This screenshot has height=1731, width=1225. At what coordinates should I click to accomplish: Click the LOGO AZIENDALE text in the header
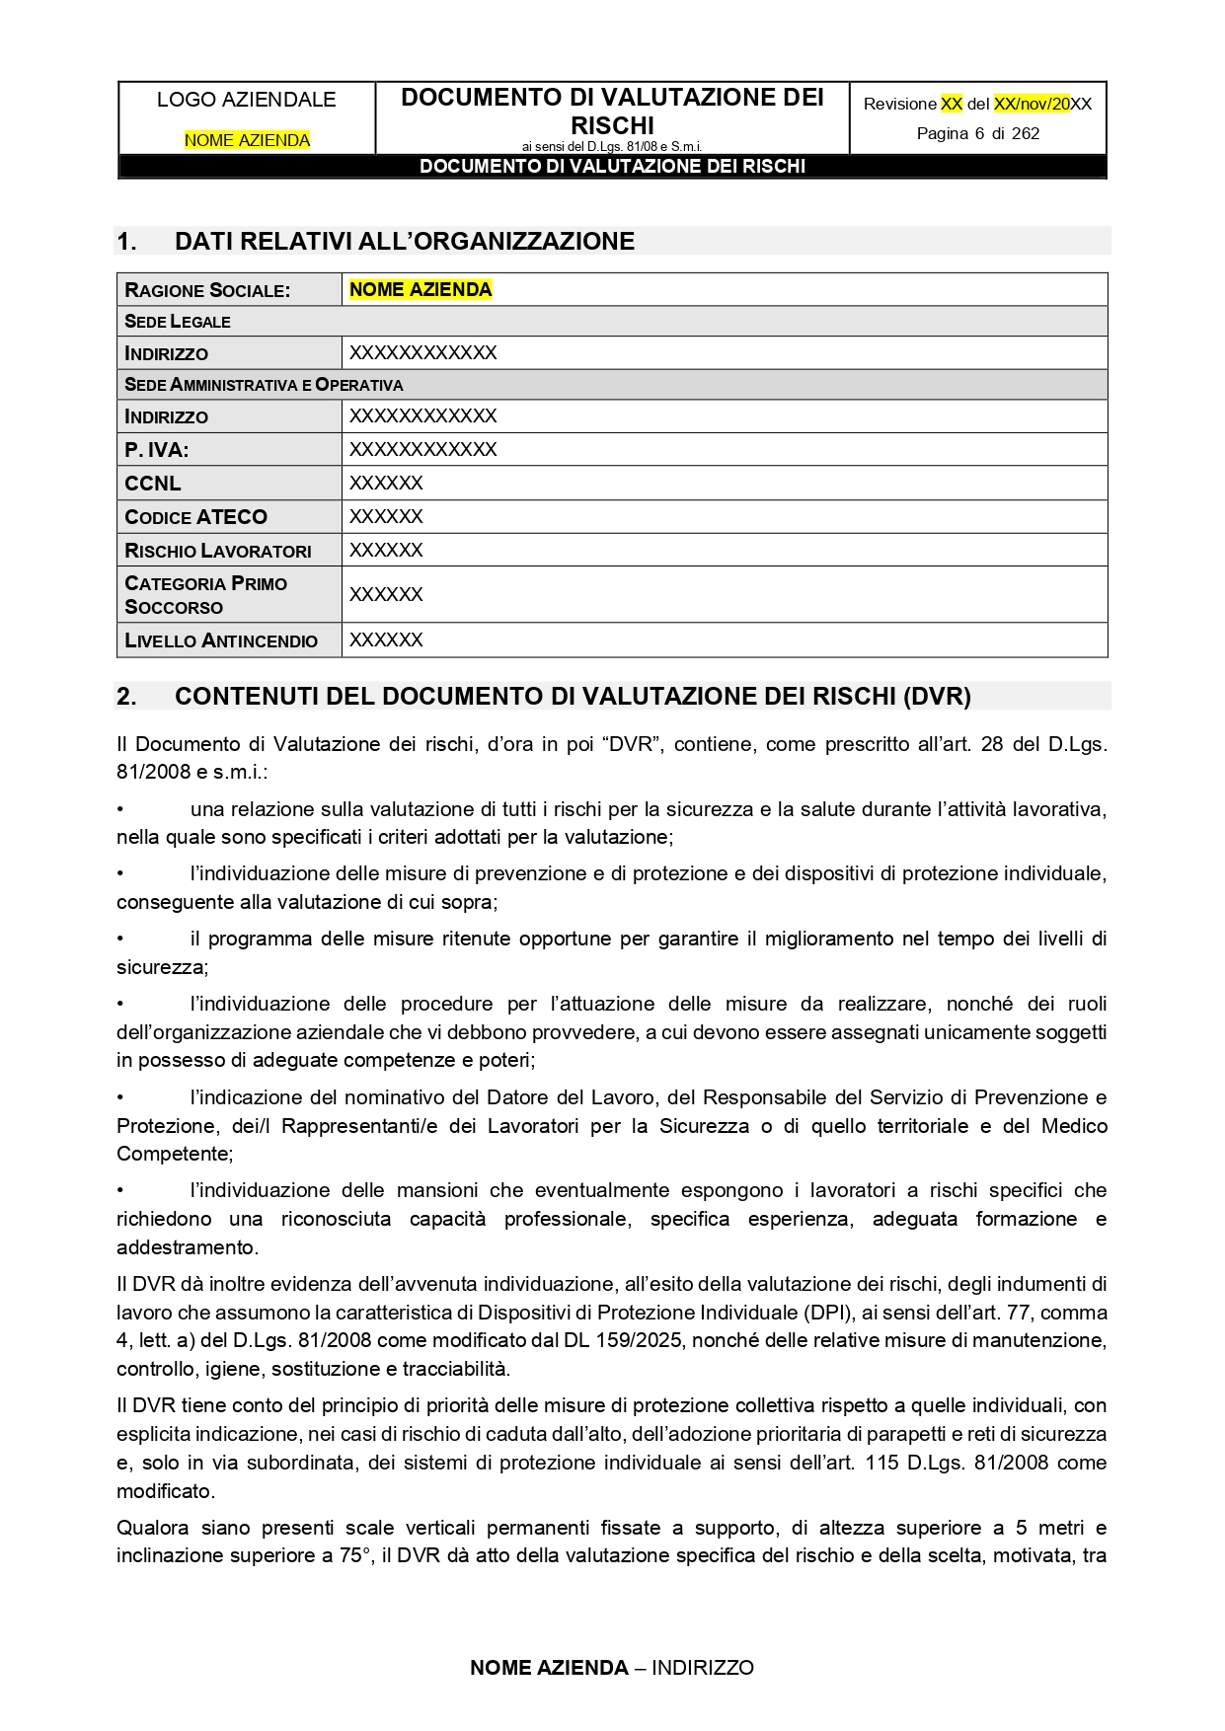(x=246, y=100)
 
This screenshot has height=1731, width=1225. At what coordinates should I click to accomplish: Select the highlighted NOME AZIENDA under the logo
(x=247, y=140)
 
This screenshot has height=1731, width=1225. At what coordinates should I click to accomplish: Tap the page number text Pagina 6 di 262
(x=977, y=133)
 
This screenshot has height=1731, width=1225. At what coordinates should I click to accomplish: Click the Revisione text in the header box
(x=899, y=104)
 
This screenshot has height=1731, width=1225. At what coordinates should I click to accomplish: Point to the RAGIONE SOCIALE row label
(x=207, y=290)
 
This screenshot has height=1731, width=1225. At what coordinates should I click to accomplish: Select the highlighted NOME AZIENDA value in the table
(x=421, y=289)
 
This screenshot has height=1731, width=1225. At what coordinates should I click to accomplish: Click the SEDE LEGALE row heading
(x=178, y=322)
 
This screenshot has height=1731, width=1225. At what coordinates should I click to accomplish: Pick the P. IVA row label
(x=156, y=450)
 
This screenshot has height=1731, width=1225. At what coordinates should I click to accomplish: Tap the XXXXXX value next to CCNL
(x=386, y=484)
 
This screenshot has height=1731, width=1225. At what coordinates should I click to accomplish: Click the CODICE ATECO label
(x=195, y=517)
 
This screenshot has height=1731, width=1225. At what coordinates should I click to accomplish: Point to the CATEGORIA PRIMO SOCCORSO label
(x=205, y=595)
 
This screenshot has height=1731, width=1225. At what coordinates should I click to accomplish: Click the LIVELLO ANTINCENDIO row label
(x=221, y=640)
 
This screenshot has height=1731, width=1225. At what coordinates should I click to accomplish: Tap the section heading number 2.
(x=126, y=697)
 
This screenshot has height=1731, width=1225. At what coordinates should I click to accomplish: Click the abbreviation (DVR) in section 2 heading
(x=937, y=697)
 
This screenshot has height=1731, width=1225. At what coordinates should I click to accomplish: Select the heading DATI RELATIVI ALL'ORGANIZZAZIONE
(x=405, y=242)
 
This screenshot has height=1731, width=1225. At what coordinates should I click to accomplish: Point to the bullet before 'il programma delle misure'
(x=120, y=939)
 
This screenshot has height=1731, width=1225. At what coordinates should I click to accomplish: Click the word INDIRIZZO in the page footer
(x=702, y=1668)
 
